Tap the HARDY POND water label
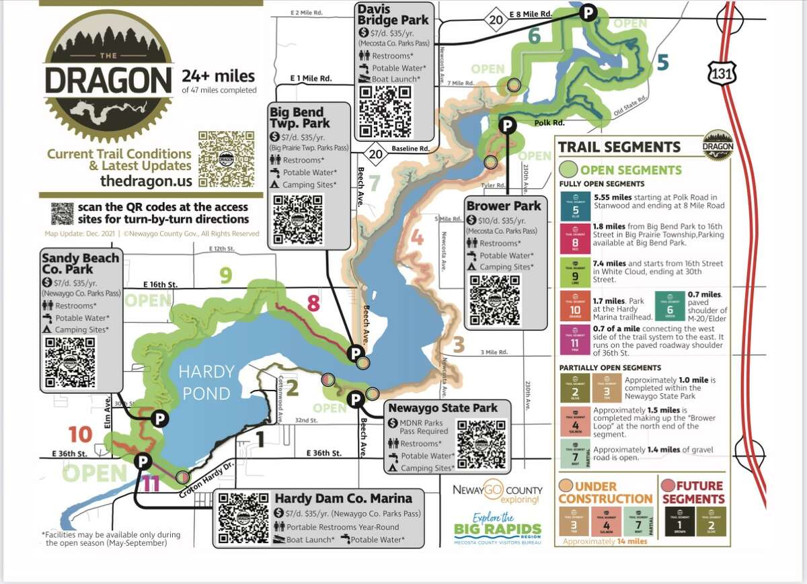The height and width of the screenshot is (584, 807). click(x=206, y=382)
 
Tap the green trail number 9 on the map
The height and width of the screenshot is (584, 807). click(x=226, y=274)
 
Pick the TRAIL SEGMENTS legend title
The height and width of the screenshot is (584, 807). click(x=619, y=147)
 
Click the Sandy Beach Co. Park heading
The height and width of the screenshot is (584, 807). click(x=81, y=263)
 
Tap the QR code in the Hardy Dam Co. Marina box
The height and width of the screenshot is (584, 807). click(x=243, y=519)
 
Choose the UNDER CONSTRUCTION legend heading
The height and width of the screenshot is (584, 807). click(x=605, y=492)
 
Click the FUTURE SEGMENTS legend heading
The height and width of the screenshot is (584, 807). click(x=694, y=492)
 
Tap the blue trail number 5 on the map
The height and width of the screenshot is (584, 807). click(x=662, y=62)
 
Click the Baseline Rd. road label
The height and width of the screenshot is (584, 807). click(x=410, y=149)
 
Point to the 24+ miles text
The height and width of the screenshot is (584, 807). click(x=218, y=76)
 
